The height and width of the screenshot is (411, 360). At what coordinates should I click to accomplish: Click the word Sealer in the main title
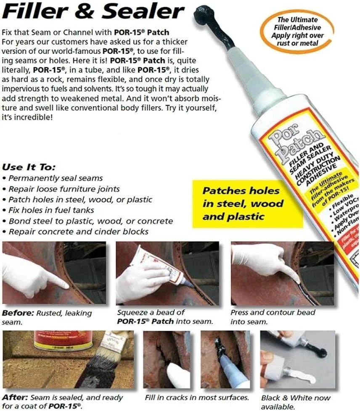click(x=149, y=13)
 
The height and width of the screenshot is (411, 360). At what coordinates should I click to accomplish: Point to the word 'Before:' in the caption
click(x=16, y=313)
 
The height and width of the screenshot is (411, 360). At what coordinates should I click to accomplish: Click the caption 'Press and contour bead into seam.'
click(x=273, y=317)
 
